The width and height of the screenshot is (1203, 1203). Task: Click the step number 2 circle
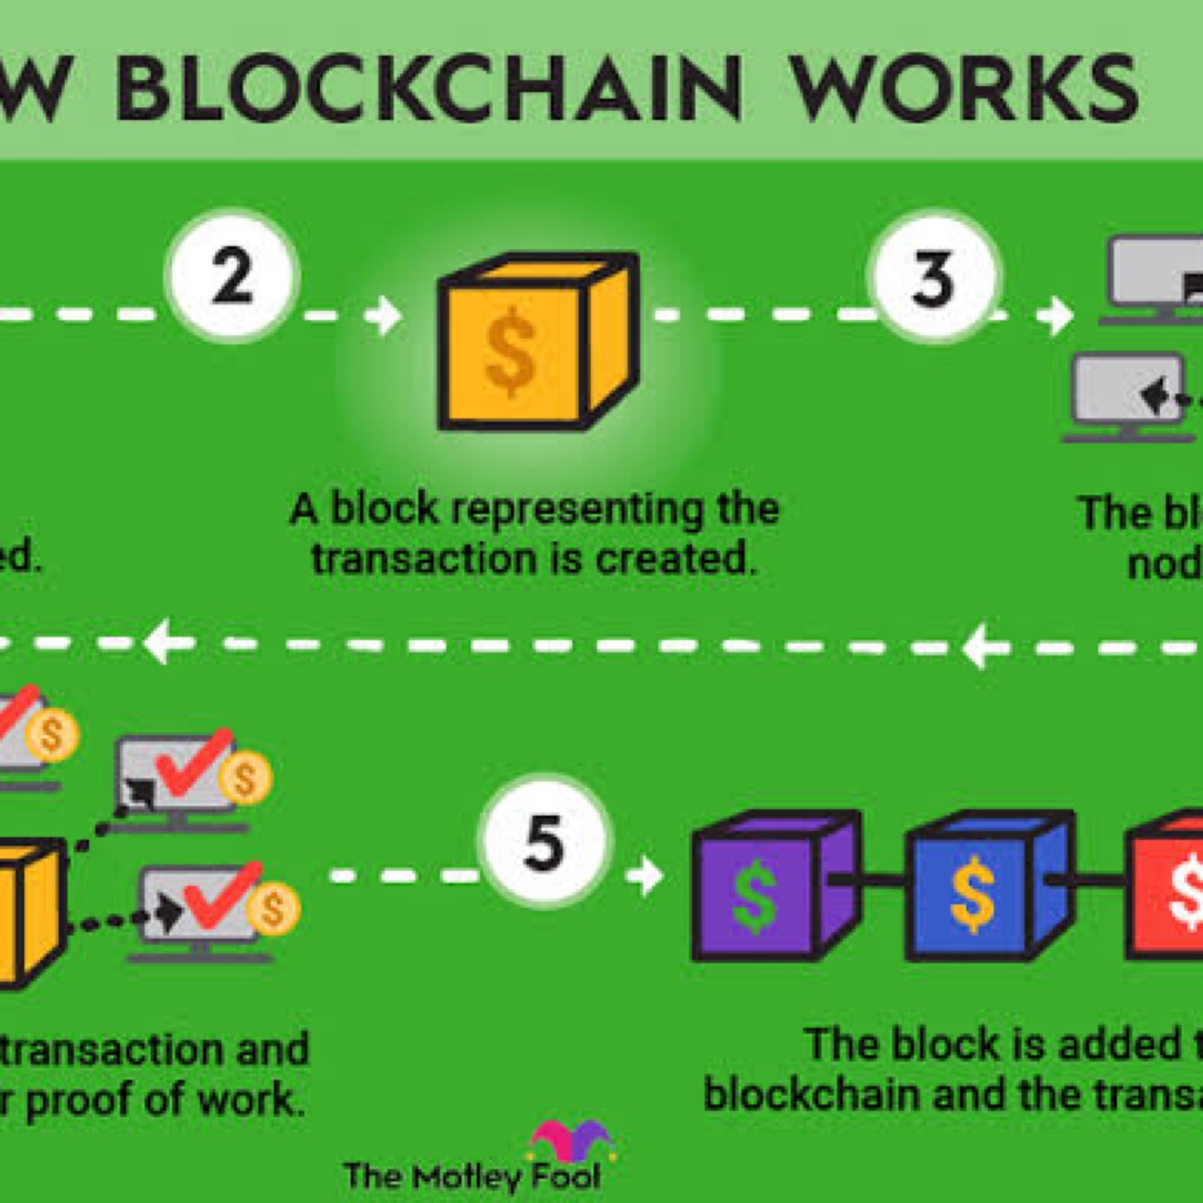point(232,276)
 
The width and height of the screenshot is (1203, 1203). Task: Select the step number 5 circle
point(545,842)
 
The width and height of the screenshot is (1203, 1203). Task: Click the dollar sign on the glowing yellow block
point(511,352)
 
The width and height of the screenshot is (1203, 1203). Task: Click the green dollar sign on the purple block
point(755,896)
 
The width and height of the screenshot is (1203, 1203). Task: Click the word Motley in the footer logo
point(467,1176)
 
